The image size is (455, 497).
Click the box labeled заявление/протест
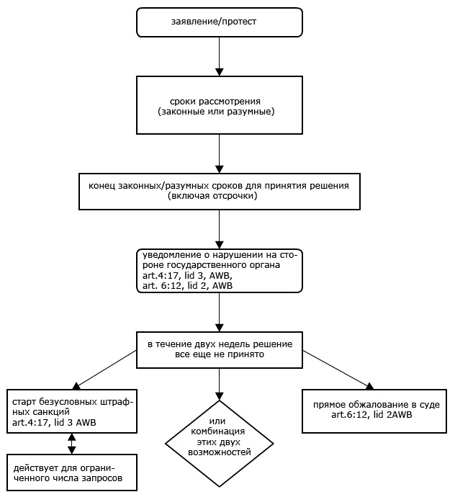[x=220, y=22]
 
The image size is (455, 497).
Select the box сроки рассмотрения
[x=220, y=105]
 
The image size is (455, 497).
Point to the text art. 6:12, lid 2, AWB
[x=187, y=285]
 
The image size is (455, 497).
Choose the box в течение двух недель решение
[x=220, y=350]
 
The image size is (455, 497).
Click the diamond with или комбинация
[x=220, y=444]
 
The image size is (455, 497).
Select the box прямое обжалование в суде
[x=374, y=411]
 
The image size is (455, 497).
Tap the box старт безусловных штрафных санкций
[x=72, y=411]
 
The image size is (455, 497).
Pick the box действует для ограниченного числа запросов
[x=72, y=473]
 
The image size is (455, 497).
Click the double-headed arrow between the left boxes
[x=72, y=444]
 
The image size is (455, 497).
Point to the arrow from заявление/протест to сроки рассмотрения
[x=220, y=56]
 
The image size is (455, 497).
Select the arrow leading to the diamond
[x=220, y=384]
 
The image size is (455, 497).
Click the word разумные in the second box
[x=251, y=112]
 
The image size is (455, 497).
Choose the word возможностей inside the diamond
[x=220, y=452]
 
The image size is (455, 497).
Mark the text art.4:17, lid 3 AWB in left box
[x=54, y=422]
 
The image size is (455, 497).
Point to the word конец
[x=102, y=186]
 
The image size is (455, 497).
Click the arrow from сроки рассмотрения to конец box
[x=220, y=153]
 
